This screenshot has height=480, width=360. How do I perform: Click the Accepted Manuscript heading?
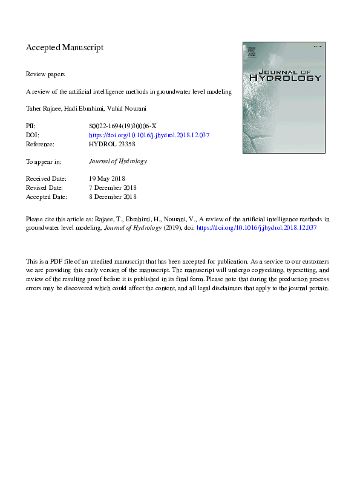65,47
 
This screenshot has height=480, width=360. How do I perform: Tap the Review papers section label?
45,74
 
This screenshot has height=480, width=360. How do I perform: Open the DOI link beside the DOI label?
149,135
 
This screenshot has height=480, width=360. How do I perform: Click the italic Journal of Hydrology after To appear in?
117,161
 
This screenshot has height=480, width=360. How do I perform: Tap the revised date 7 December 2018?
113,188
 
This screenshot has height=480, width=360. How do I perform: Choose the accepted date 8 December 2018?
113,196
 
